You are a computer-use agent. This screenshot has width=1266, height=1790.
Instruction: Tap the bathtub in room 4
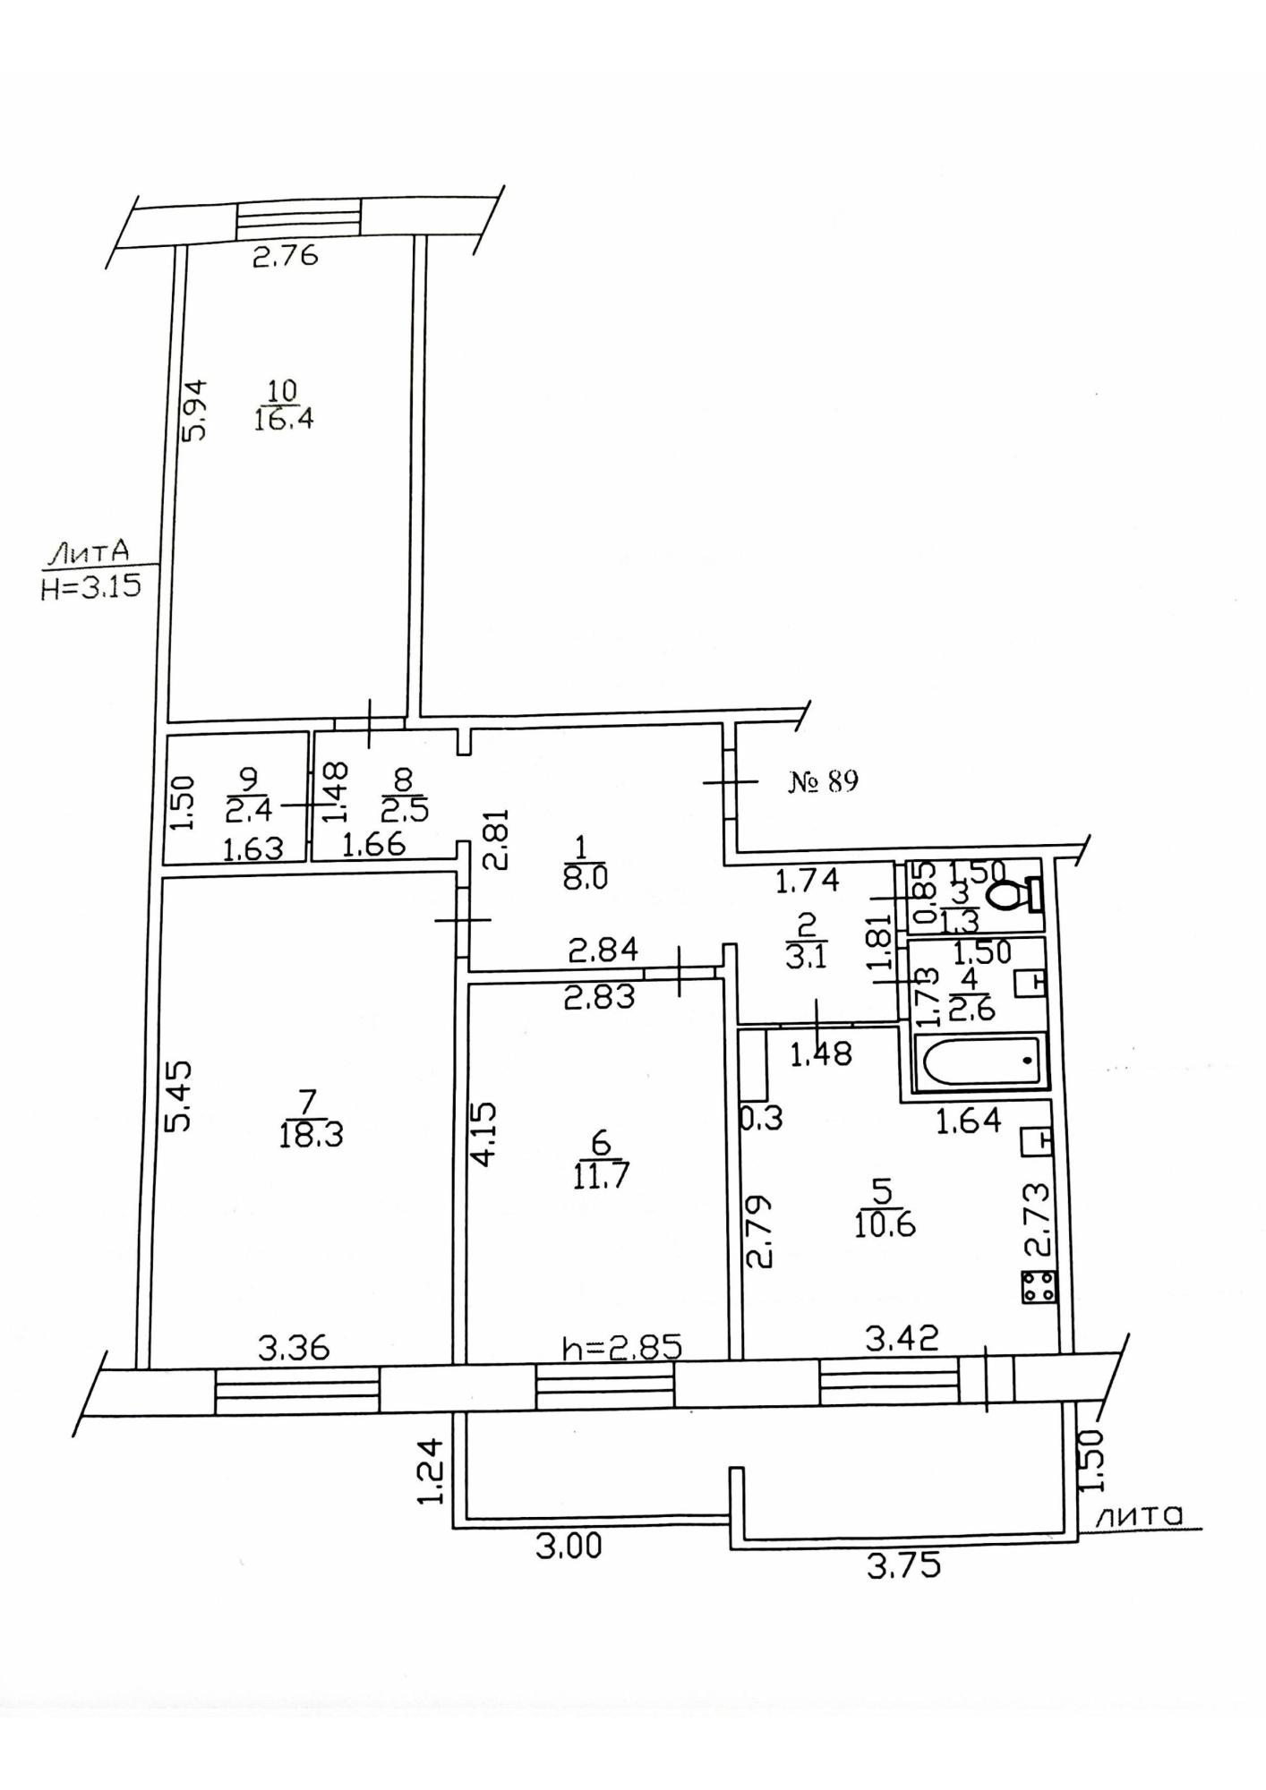click(x=982, y=1061)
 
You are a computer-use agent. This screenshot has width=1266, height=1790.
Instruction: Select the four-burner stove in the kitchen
click(x=1039, y=1287)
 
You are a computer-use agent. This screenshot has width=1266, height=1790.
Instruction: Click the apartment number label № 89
click(x=823, y=782)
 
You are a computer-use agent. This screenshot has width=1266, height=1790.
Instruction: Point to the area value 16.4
click(x=283, y=419)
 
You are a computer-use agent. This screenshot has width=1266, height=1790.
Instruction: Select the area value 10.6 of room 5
click(x=885, y=1224)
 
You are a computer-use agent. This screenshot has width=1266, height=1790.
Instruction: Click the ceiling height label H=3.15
click(x=91, y=588)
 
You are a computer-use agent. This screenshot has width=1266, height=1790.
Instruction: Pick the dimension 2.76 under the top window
click(x=285, y=257)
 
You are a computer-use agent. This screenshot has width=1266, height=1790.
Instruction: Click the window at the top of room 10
click(x=298, y=217)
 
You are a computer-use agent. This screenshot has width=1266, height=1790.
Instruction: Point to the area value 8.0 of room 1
click(x=586, y=877)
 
